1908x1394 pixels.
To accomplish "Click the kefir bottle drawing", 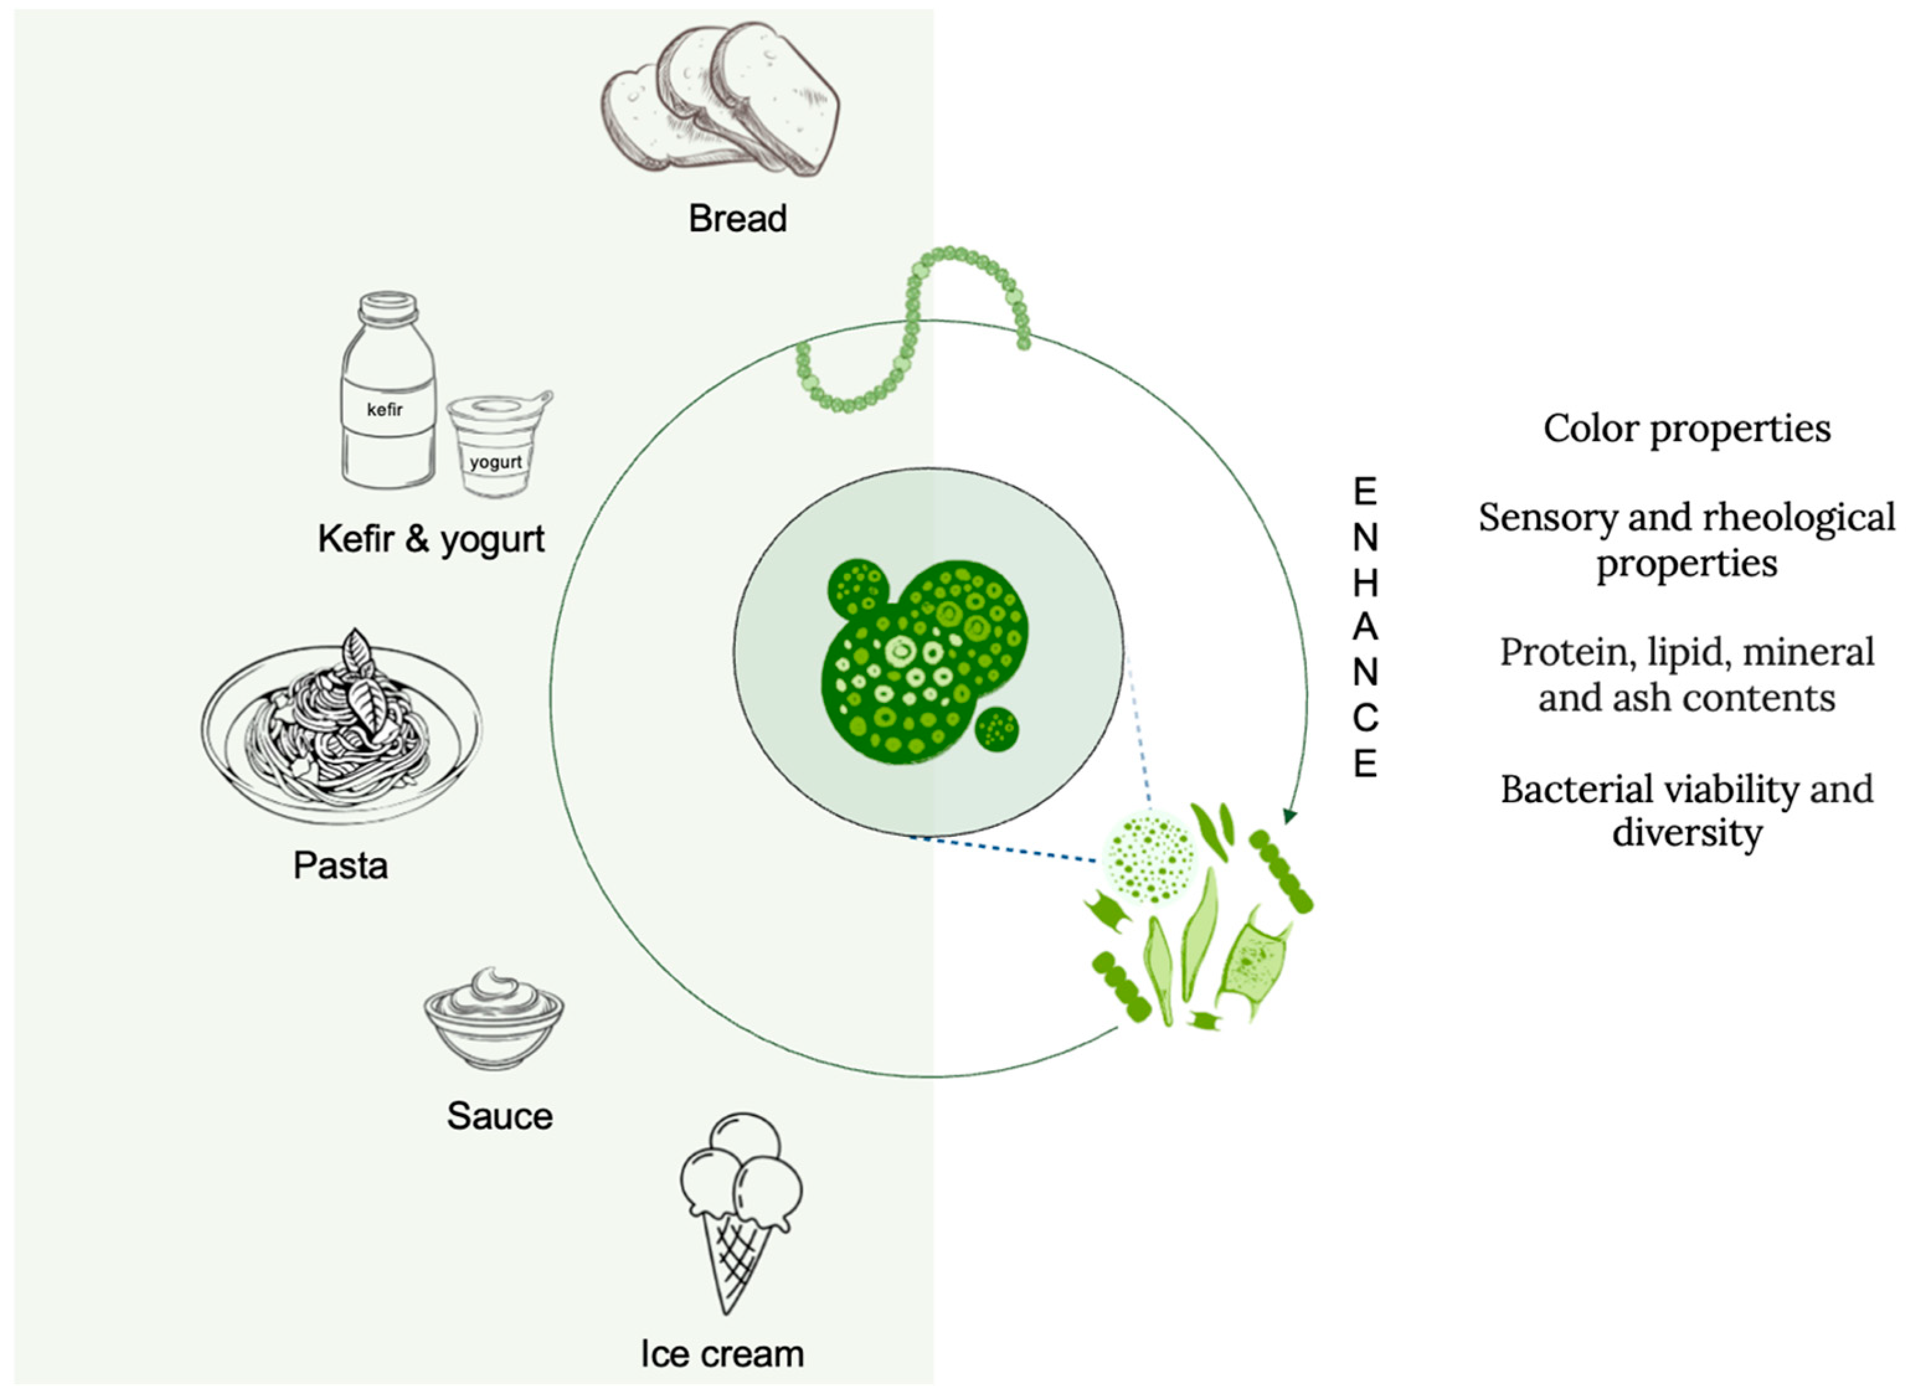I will tap(387, 392).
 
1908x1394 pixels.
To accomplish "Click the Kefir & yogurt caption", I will tap(431, 539).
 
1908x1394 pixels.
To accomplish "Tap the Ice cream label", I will tap(722, 1354).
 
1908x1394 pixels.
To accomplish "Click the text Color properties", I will tap(1686, 429).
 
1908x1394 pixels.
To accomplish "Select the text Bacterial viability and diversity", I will tap(1686, 811).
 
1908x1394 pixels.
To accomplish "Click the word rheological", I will tap(1798, 518).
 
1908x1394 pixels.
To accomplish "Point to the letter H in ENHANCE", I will tap(1364, 583).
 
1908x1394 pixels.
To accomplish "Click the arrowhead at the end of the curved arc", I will tap(1289, 815).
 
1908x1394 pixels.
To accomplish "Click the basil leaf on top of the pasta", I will tap(365, 692).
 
